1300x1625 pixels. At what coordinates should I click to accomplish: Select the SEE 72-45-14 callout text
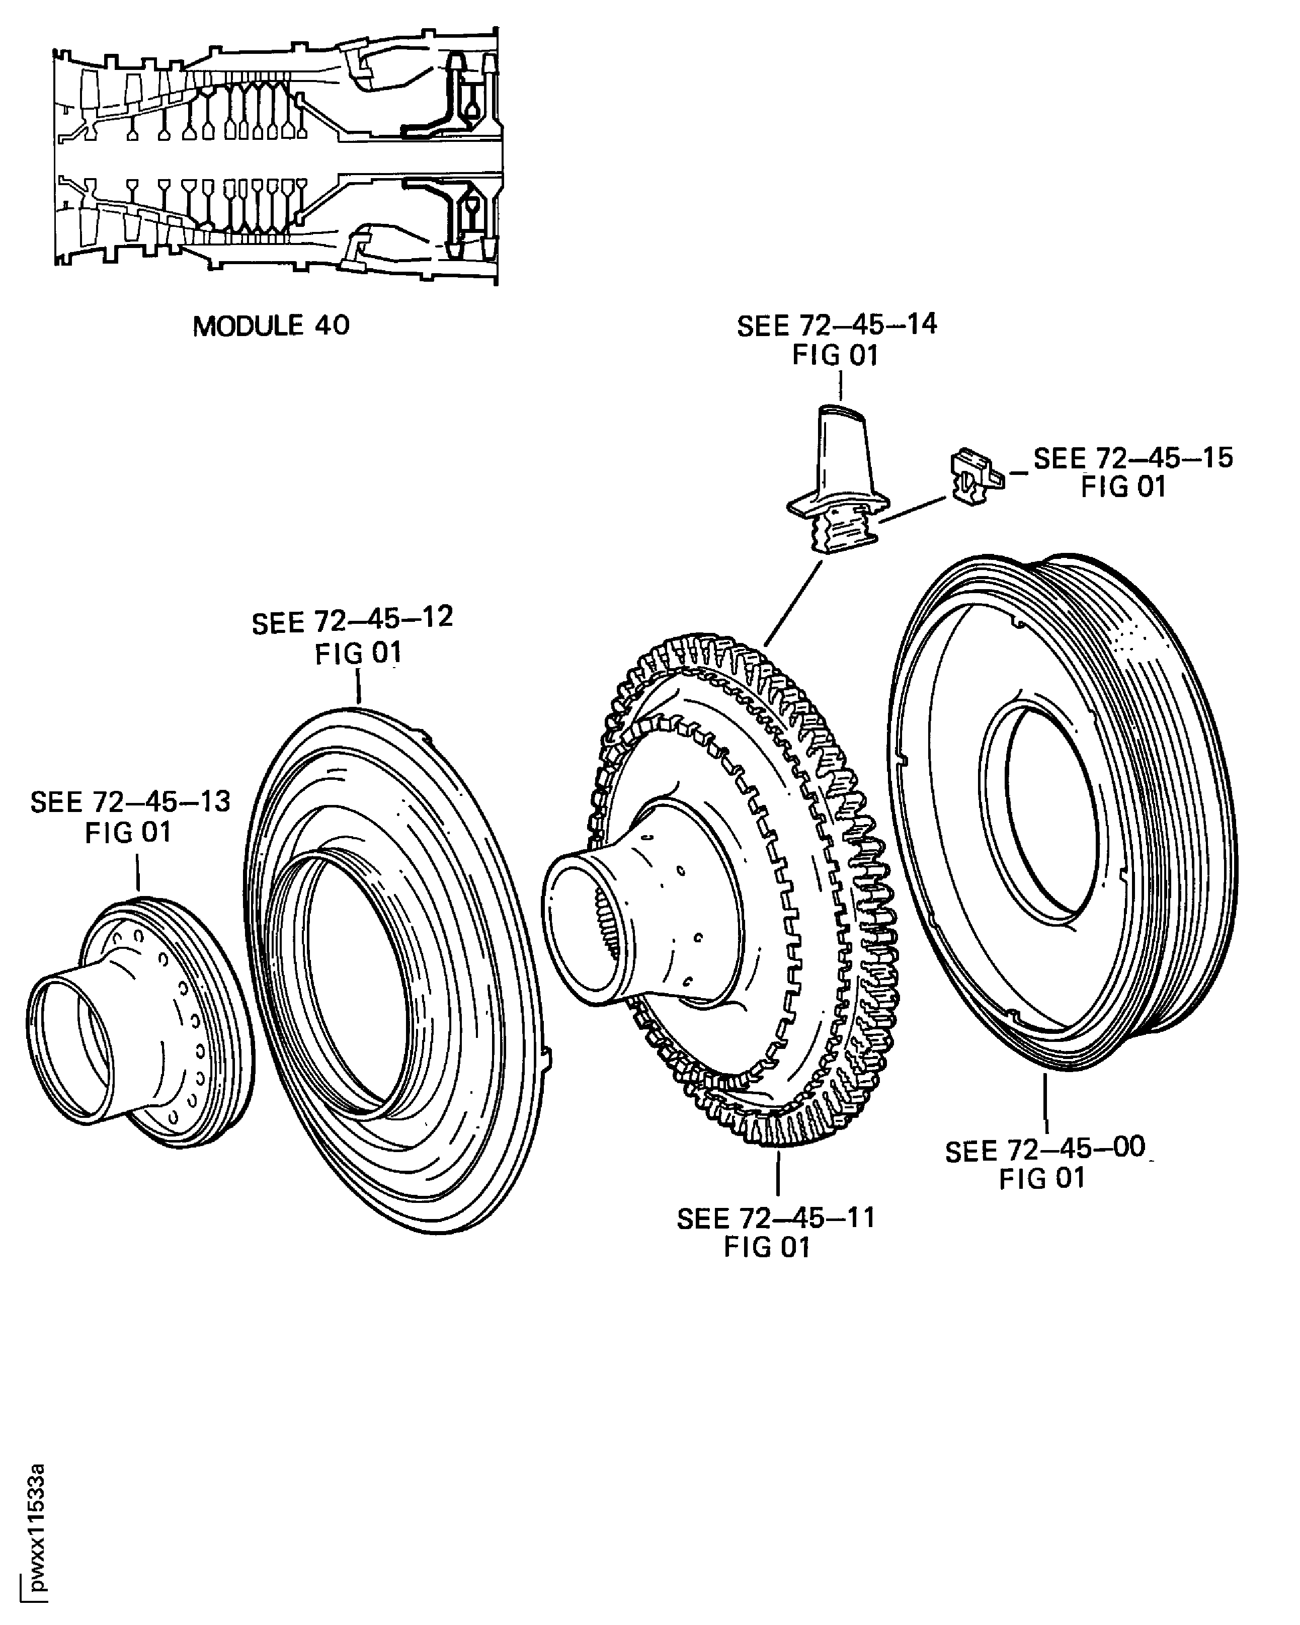click(837, 326)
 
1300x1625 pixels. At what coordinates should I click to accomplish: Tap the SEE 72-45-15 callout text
click(1132, 458)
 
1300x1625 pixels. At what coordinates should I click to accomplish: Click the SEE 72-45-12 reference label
click(352, 622)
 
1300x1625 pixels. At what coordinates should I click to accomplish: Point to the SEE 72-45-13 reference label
click(130, 802)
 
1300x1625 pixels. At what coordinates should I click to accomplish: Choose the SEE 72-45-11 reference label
click(775, 1218)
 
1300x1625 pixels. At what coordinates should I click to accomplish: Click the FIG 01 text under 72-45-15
click(1123, 488)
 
